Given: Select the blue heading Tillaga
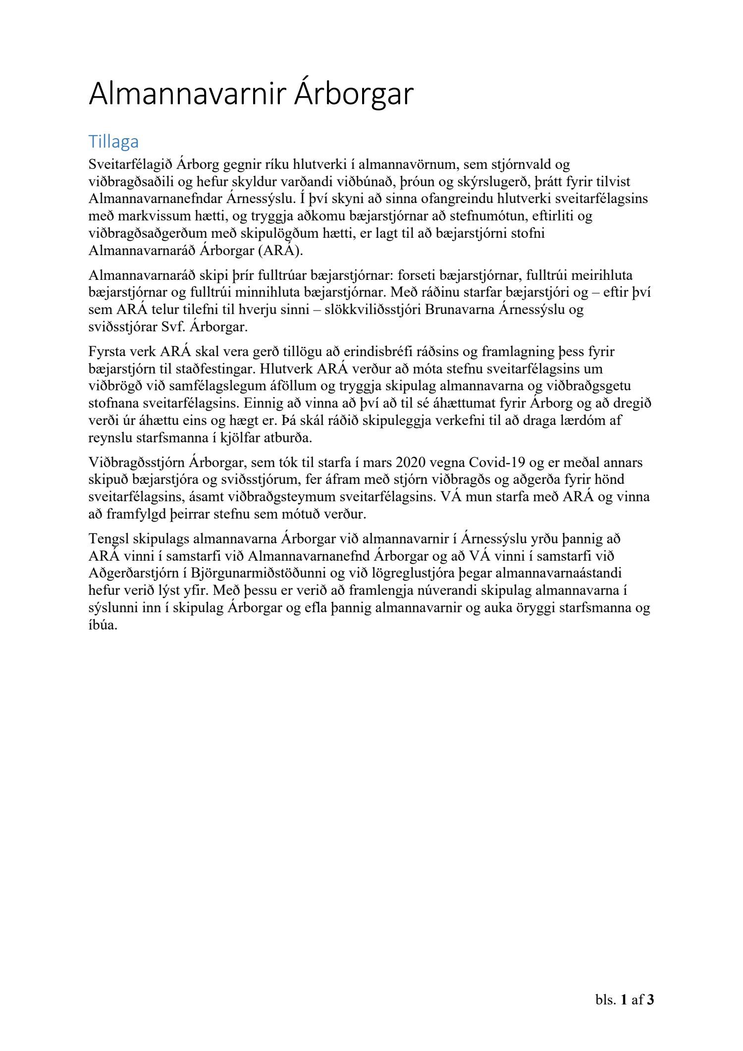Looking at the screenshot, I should [113, 142].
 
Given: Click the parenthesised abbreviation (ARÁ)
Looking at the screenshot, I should [280, 250].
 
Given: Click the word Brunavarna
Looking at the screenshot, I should [461, 310].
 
